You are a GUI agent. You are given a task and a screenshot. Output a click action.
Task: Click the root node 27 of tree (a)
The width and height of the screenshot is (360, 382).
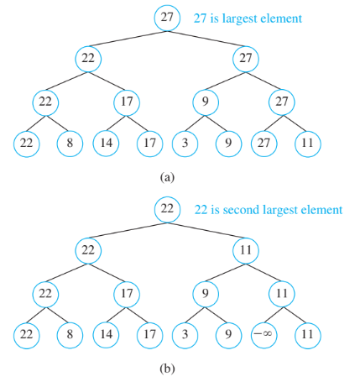(x=168, y=18)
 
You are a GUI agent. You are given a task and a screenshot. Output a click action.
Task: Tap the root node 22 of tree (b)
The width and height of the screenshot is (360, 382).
(x=168, y=209)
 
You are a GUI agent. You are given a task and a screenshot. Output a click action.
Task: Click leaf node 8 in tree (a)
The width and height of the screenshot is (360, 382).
(x=70, y=143)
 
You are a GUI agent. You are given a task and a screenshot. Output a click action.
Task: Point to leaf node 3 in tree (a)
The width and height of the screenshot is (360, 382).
(x=185, y=143)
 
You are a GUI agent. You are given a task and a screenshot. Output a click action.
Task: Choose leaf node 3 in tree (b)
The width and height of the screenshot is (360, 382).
(x=185, y=334)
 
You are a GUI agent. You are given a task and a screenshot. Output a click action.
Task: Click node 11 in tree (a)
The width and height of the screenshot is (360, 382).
(x=308, y=143)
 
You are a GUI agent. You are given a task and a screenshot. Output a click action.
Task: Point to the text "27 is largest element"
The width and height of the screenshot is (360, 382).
(x=247, y=18)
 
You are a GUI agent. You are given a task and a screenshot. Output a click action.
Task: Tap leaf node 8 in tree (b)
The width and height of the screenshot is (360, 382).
(x=70, y=334)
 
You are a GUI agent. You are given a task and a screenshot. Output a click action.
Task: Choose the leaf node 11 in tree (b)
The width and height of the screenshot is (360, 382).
(x=308, y=334)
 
